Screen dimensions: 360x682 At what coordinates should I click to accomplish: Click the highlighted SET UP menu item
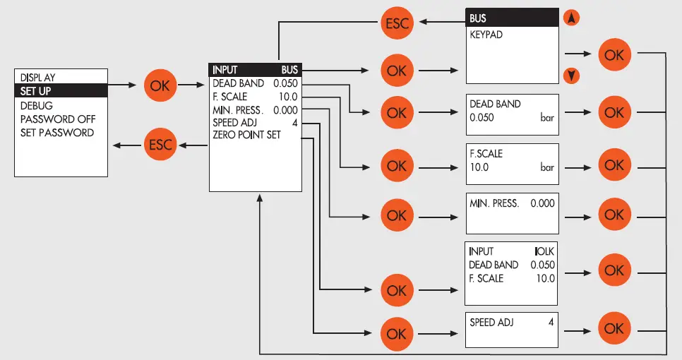click(61, 90)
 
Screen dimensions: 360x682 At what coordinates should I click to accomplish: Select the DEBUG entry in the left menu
click(37, 104)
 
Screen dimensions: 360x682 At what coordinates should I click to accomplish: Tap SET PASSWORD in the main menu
click(56, 132)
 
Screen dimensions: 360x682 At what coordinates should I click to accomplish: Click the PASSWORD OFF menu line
click(57, 119)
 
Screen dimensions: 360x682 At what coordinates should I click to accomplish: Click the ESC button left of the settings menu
click(159, 145)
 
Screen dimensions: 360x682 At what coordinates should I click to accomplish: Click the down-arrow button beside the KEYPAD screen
click(574, 75)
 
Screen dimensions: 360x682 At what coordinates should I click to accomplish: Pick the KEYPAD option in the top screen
click(486, 34)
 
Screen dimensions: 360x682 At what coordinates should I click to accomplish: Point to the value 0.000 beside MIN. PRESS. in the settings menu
click(286, 109)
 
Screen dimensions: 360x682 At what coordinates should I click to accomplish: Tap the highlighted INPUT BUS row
click(255, 70)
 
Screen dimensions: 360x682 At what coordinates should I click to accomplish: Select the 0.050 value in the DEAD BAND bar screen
click(481, 118)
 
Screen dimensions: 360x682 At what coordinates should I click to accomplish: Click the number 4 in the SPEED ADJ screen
click(551, 322)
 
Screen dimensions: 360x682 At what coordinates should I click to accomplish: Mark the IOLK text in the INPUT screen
click(544, 251)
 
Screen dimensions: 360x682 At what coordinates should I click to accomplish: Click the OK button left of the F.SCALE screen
click(397, 165)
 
